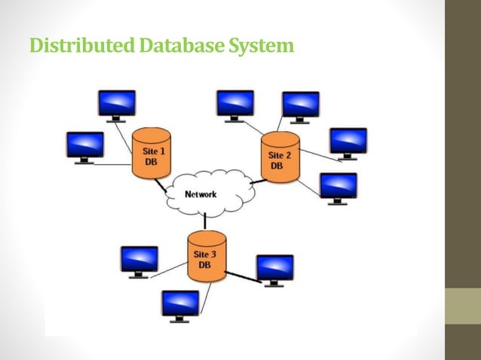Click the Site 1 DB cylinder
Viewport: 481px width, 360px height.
[x=151, y=154]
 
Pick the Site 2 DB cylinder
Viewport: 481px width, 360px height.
[x=280, y=158]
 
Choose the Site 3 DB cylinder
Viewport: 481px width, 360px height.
[x=207, y=257]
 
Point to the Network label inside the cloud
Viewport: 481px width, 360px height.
[x=201, y=194]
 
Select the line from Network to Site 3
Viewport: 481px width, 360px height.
[x=204, y=222]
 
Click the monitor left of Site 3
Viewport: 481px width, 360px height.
[x=139, y=260]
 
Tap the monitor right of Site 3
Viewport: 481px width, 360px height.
[x=274, y=268]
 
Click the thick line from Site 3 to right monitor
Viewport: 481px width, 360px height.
[x=243, y=276]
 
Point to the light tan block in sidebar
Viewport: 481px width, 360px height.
[x=463, y=306]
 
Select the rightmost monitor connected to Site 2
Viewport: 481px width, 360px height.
[x=348, y=142]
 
